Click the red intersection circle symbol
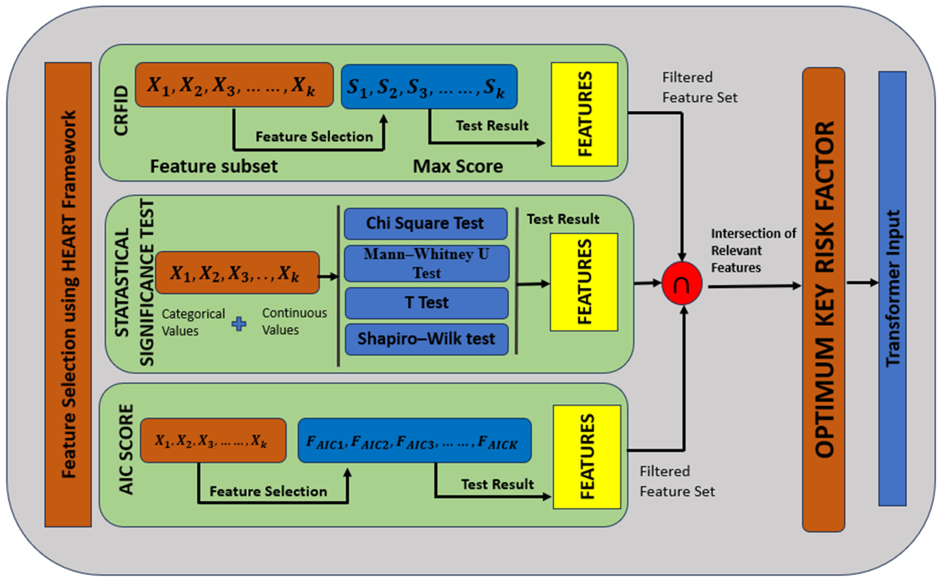(x=681, y=283)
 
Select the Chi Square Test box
(x=426, y=224)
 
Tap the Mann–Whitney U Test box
(x=426, y=263)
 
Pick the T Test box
(x=426, y=303)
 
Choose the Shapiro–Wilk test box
(x=426, y=339)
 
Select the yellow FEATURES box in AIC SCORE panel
(x=586, y=457)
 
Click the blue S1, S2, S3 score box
(x=429, y=87)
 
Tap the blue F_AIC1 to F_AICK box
(x=414, y=440)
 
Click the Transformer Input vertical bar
(x=892, y=288)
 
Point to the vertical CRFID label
(x=121, y=111)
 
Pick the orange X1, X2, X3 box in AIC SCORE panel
(x=213, y=440)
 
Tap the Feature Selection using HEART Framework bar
(x=68, y=295)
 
